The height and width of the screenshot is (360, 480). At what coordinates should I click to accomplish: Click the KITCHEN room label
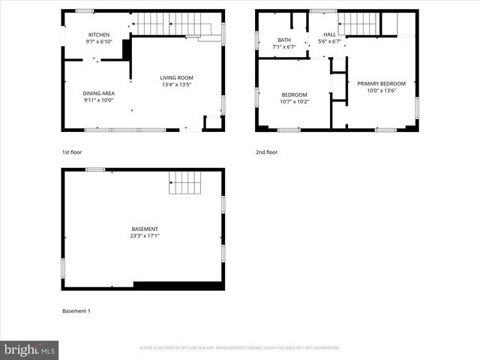[99, 35]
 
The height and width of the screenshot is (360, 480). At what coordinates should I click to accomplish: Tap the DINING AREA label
[98, 93]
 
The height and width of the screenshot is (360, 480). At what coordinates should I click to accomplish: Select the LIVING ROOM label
[177, 78]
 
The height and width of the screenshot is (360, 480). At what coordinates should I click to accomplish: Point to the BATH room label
[284, 40]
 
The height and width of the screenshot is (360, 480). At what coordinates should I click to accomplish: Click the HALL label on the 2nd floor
[330, 35]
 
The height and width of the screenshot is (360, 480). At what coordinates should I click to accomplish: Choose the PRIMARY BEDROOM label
[381, 83]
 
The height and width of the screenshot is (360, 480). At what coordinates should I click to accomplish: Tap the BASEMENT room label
[145, 229]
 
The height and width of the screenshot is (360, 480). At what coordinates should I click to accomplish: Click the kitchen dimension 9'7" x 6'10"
[99, 42]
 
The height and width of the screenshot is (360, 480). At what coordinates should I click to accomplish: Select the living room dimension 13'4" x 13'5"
[177, 85]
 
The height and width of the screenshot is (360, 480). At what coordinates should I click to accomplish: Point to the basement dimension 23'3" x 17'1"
[145, 235]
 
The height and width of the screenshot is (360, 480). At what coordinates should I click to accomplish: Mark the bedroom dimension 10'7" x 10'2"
[295, 101]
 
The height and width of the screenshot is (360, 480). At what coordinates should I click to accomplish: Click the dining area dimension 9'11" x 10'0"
[98, 100]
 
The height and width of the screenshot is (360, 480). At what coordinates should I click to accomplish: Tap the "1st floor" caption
[72, 152]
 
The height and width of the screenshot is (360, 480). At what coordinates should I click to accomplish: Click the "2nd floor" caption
[266, 152]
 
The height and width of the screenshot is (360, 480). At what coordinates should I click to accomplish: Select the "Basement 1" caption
[76, 310]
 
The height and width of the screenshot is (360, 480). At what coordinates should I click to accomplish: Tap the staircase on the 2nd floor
[360, 24]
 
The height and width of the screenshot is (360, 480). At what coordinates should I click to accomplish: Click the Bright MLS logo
[30, 349]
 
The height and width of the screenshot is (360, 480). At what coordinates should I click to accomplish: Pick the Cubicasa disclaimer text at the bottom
[240, 348]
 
